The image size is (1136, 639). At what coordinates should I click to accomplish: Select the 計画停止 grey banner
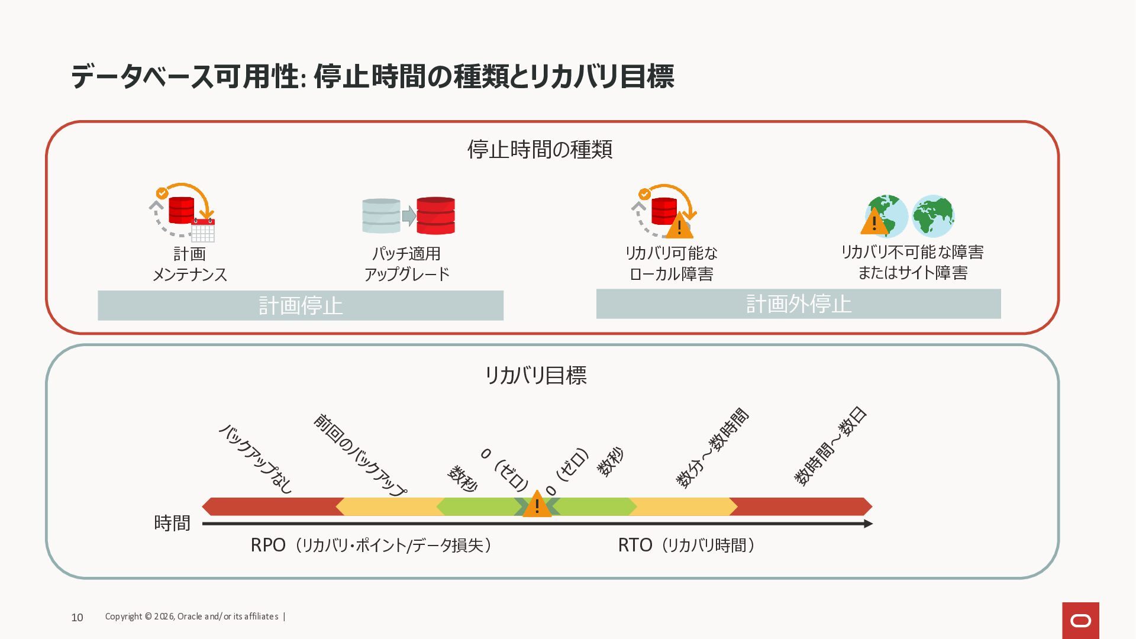301,305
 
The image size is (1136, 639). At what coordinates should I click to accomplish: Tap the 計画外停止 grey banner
798,304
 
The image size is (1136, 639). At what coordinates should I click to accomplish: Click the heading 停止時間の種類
540,150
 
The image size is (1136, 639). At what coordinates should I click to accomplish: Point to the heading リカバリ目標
535,376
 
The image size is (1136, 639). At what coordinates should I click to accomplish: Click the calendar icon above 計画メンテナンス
203,230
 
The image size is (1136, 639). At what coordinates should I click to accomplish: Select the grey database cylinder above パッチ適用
381,216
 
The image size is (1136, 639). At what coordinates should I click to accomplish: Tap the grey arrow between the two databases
408,216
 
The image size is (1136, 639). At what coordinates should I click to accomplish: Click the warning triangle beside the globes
874,222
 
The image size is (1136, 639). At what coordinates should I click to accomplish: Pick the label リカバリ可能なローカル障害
671,263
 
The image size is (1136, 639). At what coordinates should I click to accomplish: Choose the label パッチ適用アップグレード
406,264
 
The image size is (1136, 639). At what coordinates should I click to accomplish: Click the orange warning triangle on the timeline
537,505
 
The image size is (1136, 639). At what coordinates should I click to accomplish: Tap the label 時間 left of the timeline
172,523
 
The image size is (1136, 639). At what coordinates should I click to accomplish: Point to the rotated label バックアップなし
256,459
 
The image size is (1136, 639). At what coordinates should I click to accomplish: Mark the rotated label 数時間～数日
830,447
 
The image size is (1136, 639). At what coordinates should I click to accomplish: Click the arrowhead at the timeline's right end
868,524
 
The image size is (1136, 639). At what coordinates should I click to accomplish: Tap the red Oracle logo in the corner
1080,621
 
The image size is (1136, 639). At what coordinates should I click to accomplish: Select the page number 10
77,618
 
